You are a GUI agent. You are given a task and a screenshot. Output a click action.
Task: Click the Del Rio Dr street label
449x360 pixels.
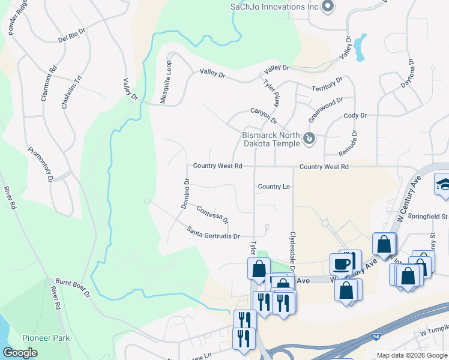click(x=73, y=35)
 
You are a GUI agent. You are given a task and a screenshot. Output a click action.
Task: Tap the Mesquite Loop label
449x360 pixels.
click(x=166, y=82)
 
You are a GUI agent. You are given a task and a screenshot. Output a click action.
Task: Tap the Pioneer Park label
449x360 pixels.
click(x=46, y=338)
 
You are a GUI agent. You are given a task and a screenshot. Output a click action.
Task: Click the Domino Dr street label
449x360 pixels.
click(x=185, y=193)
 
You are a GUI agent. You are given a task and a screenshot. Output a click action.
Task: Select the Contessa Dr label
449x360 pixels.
click(x=212, y=214)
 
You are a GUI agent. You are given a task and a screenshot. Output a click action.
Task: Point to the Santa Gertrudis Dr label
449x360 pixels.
click(x=213, y=232)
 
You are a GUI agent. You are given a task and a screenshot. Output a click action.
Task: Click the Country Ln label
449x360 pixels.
click(x=274, y=187)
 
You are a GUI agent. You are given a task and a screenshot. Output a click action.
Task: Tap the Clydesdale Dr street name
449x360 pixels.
click(x=293, y=253)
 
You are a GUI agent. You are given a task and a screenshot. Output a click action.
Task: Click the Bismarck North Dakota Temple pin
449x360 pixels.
click(x=309, y=139)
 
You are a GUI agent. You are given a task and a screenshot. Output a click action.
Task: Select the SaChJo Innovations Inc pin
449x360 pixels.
click(x=328, y=7)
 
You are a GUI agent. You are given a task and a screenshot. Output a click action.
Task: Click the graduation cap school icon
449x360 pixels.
click(x=443, y=184)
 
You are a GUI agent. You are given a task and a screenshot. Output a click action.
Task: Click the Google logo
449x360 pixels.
click(x=20, y=353)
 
